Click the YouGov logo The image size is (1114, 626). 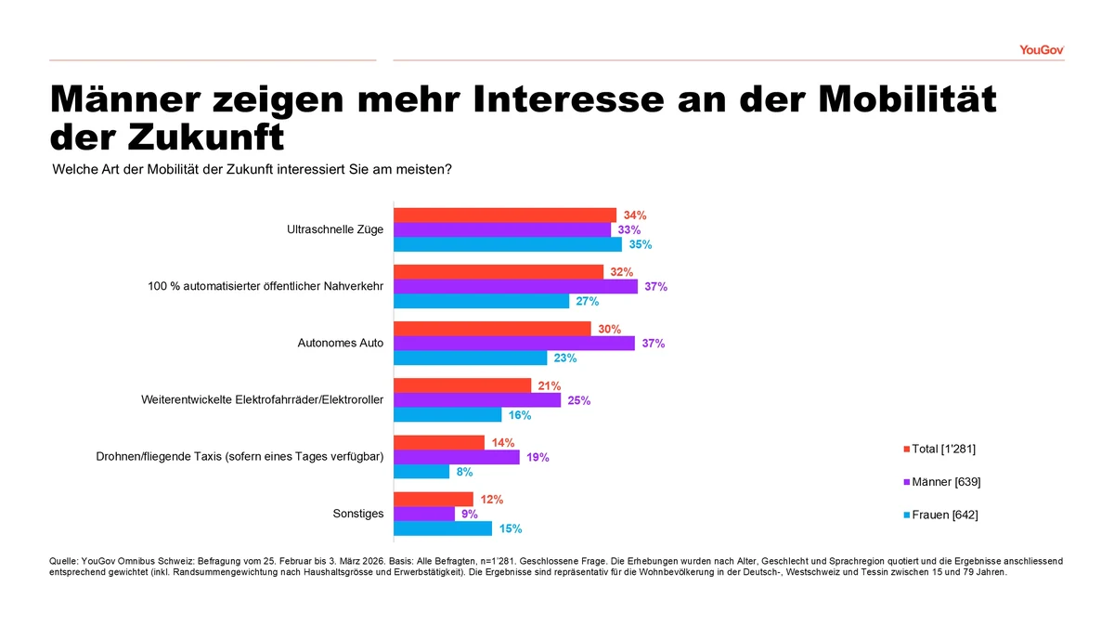[x=1041, y=49]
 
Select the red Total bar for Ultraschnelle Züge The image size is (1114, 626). [x=505, y=215]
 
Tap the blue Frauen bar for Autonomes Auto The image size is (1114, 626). [x=471, y=358]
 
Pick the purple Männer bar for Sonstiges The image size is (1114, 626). [x=424, y=514]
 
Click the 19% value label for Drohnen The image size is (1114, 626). [x=538, y=457]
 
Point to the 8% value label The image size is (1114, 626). [x=464, y=472]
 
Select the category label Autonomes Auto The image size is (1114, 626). [x=340, y=343]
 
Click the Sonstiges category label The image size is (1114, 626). [x=357, y=514]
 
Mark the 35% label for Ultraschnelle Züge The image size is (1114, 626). [x=641, y=245]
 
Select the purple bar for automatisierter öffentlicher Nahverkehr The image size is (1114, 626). [x=515, y=287]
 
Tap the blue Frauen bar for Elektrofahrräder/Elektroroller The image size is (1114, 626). [x=447, y=415]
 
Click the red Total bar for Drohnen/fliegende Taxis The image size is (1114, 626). [x=439, y=442]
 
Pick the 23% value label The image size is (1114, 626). [x=565, y=359]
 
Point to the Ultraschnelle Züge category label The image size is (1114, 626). [x=335, y=229]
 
